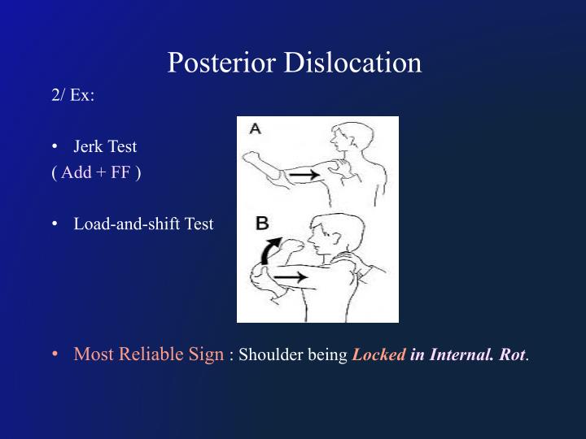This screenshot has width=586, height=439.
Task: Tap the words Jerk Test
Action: point(105,147)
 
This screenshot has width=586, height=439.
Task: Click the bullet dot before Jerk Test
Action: point(55,147)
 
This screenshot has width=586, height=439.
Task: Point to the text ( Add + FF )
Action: point(96,173)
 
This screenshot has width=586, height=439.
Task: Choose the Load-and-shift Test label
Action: point(143,224)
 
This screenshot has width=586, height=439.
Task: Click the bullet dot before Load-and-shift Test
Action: point(55,224)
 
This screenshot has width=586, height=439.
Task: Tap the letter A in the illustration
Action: point(255,129)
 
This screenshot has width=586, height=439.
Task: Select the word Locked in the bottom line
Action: point(378,354)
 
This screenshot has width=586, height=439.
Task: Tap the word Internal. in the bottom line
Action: point(460,354)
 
